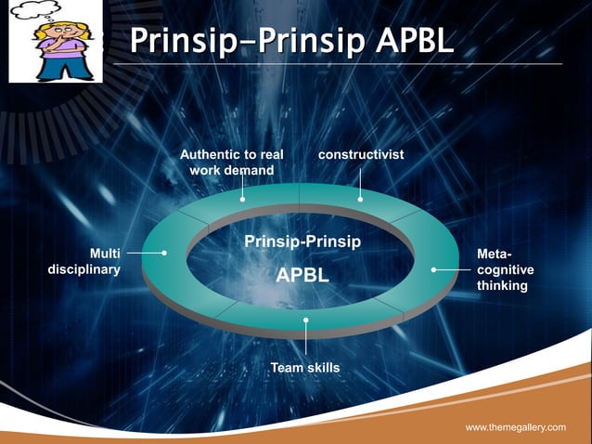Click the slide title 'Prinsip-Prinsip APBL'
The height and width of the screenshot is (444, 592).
(291, 40)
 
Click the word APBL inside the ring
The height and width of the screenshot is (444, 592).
(302, 276)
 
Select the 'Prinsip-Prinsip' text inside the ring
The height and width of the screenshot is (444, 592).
(302, 242)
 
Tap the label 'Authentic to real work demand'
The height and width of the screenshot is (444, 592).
(231, 162)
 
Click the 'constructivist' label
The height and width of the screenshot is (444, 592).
(360, 153)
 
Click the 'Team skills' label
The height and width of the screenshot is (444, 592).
(304, 368)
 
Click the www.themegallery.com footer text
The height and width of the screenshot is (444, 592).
(515, 426)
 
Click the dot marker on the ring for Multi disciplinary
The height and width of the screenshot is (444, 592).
(164, 252)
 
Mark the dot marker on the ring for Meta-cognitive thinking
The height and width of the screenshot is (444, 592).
(433, 269)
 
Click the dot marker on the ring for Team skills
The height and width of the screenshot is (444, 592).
(305, 320)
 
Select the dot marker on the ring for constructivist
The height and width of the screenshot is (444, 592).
(360, 198)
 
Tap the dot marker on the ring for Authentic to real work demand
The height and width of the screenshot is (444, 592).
(242, 199)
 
